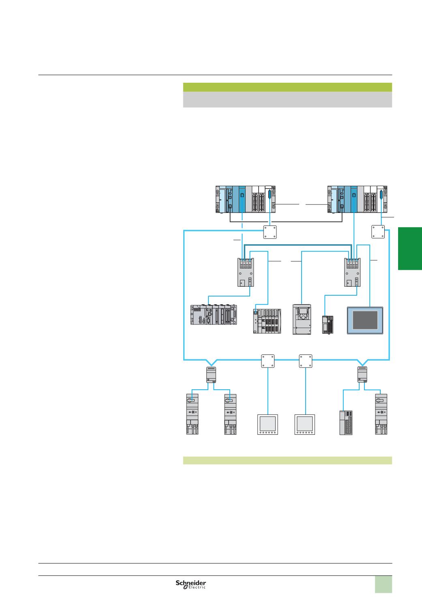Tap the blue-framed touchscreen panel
(364, 320)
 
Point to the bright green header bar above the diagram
(287, 87)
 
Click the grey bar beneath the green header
(287, 99)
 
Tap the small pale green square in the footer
(383, 584)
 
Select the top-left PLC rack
(246, 199)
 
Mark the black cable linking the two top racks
(284, 222)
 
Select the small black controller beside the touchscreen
(328, 323)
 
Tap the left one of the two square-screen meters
(268, 425)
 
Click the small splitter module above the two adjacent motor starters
(211, 374)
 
